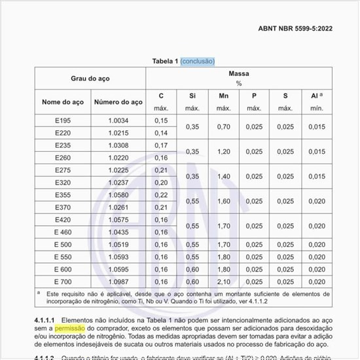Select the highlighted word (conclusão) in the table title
[x=198, y=61]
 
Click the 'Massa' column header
[x=239, y=74]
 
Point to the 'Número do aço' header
[x=118, y=102]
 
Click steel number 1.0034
[x=118, y=120]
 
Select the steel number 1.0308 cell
[x=118, y=145]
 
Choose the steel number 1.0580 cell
[x=118, y=195]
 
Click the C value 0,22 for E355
[x=161, y=195]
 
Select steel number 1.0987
[x=118, y=281]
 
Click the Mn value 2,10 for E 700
[x=223, y=281]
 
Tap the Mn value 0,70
[x=223, y=126]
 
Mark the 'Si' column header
[x=192, y=96]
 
